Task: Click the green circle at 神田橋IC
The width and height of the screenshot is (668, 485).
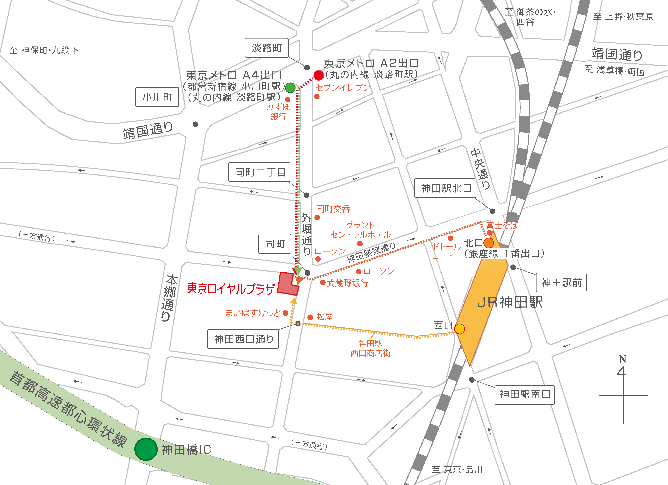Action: (x=146, y=449)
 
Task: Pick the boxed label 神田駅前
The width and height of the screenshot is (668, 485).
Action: (x=561, y=283)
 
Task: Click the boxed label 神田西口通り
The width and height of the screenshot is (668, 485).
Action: (x=243, y=339)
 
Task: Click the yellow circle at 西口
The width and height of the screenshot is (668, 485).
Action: (x=459, y=329)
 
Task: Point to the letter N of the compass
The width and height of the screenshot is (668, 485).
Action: (x=622, y=360)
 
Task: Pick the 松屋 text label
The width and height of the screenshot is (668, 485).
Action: (x=325, y=317)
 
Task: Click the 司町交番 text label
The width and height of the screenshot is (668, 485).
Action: (x=333, y=209)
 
